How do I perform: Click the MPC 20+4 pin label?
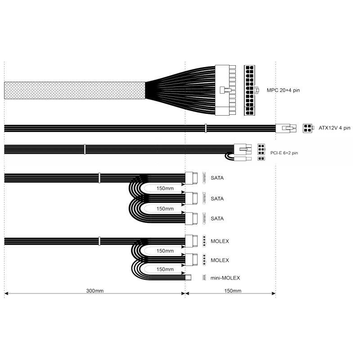(283, 90)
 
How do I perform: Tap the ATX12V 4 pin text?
(335, 128)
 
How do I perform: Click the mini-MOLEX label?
(225, 278)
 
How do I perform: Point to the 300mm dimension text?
(95, 291)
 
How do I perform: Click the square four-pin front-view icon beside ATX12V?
(308, 128)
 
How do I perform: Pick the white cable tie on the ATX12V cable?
(206, 128)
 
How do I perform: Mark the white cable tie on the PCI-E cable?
(85, 149)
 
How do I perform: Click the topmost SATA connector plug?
(192, 178)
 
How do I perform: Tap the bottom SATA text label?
(217, 219)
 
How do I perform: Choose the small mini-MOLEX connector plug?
(189, 278)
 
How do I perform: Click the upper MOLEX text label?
(220, 241)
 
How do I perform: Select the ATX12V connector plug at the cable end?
(286, 128)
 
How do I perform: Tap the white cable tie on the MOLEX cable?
(99, 241)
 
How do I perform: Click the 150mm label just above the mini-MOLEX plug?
(165, 269)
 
